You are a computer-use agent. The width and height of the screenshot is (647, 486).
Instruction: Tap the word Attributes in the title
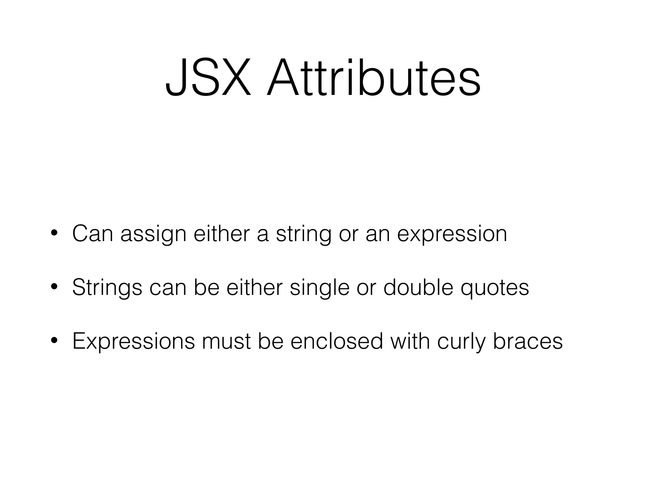(x=374, y=77)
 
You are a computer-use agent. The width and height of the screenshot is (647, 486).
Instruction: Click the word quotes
(x=495, y=288)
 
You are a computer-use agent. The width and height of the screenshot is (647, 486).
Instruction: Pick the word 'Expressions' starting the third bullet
(x=134, y=342)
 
